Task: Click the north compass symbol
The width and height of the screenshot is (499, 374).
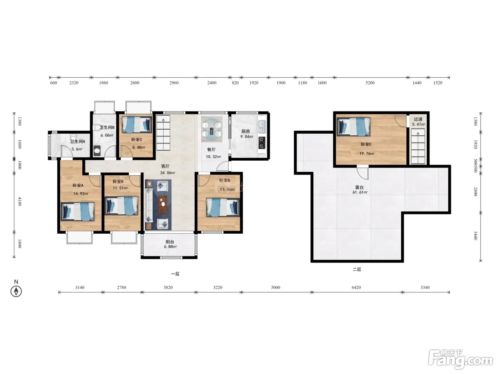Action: (16, 291)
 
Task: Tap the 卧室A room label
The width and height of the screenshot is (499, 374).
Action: (78, 185)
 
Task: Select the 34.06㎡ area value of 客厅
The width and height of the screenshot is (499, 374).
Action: (168, 173)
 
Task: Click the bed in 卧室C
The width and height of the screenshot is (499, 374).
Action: (137, 124)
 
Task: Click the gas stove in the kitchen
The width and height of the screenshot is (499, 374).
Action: (262, 142)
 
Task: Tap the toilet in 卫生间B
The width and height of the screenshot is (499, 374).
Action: (97, 151)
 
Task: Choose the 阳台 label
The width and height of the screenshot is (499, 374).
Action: (170, 241)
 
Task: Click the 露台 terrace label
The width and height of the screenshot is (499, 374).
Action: (359, 187)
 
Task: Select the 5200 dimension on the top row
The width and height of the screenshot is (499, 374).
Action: (370, 83)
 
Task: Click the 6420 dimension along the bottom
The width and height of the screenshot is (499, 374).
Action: (356, 287)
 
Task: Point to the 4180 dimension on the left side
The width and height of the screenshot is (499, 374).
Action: (20, 201)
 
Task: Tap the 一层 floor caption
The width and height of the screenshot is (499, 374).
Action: (175, 274)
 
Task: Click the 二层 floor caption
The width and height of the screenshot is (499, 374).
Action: (357, 269)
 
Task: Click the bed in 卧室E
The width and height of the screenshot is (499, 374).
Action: (353, 126)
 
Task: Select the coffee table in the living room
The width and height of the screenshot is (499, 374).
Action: (163, 204)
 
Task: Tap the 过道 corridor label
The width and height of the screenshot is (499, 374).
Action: (418, 119)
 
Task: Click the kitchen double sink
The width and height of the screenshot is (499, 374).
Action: (262, 127)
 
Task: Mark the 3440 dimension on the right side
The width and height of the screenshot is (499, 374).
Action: (475, 235)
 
